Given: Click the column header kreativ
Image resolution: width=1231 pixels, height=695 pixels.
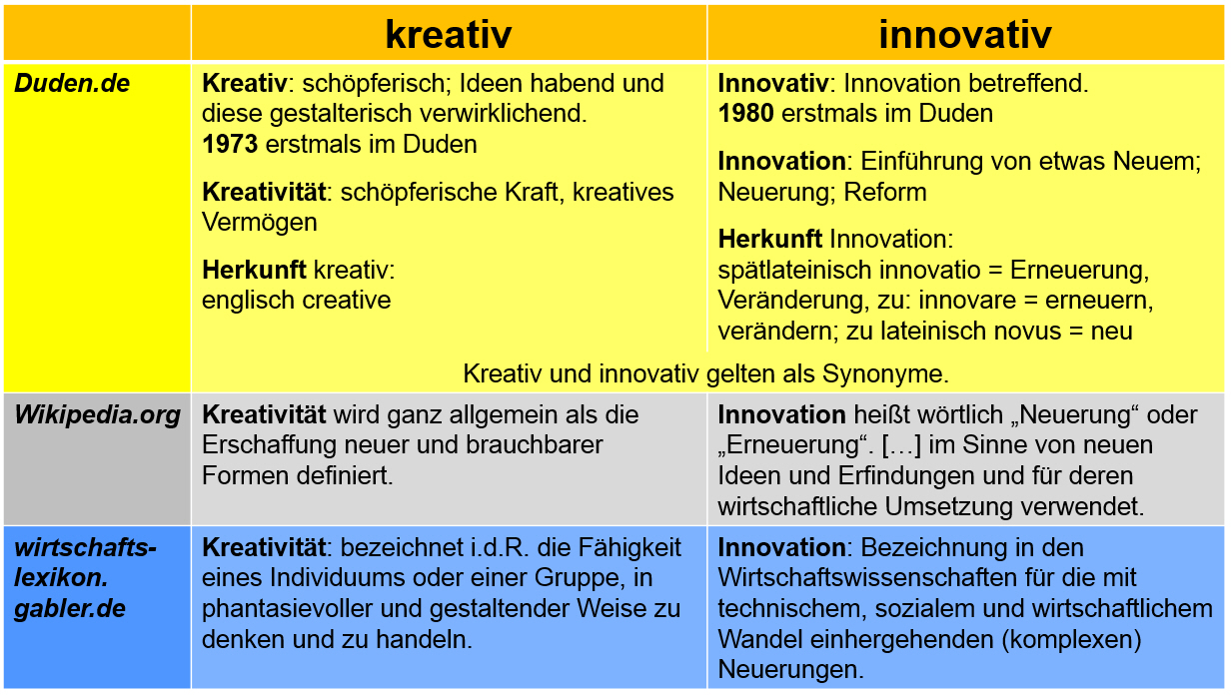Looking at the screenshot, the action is [x=449, y=34].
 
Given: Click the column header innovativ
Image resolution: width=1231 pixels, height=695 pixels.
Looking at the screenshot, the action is [x=965, y=34].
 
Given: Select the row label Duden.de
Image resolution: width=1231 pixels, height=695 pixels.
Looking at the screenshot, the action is [x=72, y=84].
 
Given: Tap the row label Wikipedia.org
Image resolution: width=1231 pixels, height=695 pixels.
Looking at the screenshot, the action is [x=97, y=414].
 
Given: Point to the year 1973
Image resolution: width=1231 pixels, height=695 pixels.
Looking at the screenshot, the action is [x=230, y=145].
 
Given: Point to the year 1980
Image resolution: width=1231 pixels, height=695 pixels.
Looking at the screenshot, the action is [x=745, y=114].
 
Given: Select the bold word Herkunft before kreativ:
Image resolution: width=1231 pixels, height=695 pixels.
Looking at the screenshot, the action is [x=254, y=270].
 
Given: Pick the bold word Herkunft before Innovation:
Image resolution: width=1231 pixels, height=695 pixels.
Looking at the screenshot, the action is [x=770, y=239].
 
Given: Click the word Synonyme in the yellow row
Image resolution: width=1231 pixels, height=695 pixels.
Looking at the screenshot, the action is [x=885, y=374].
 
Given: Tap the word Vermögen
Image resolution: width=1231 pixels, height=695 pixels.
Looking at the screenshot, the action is [x=260, y=223].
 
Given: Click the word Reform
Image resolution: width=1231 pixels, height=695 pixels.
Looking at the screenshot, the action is [x=885, y=193].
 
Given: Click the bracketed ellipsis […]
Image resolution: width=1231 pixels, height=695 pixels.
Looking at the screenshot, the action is [x=901, y=445].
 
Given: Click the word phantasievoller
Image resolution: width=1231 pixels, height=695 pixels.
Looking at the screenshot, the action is [x=287, y=609].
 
